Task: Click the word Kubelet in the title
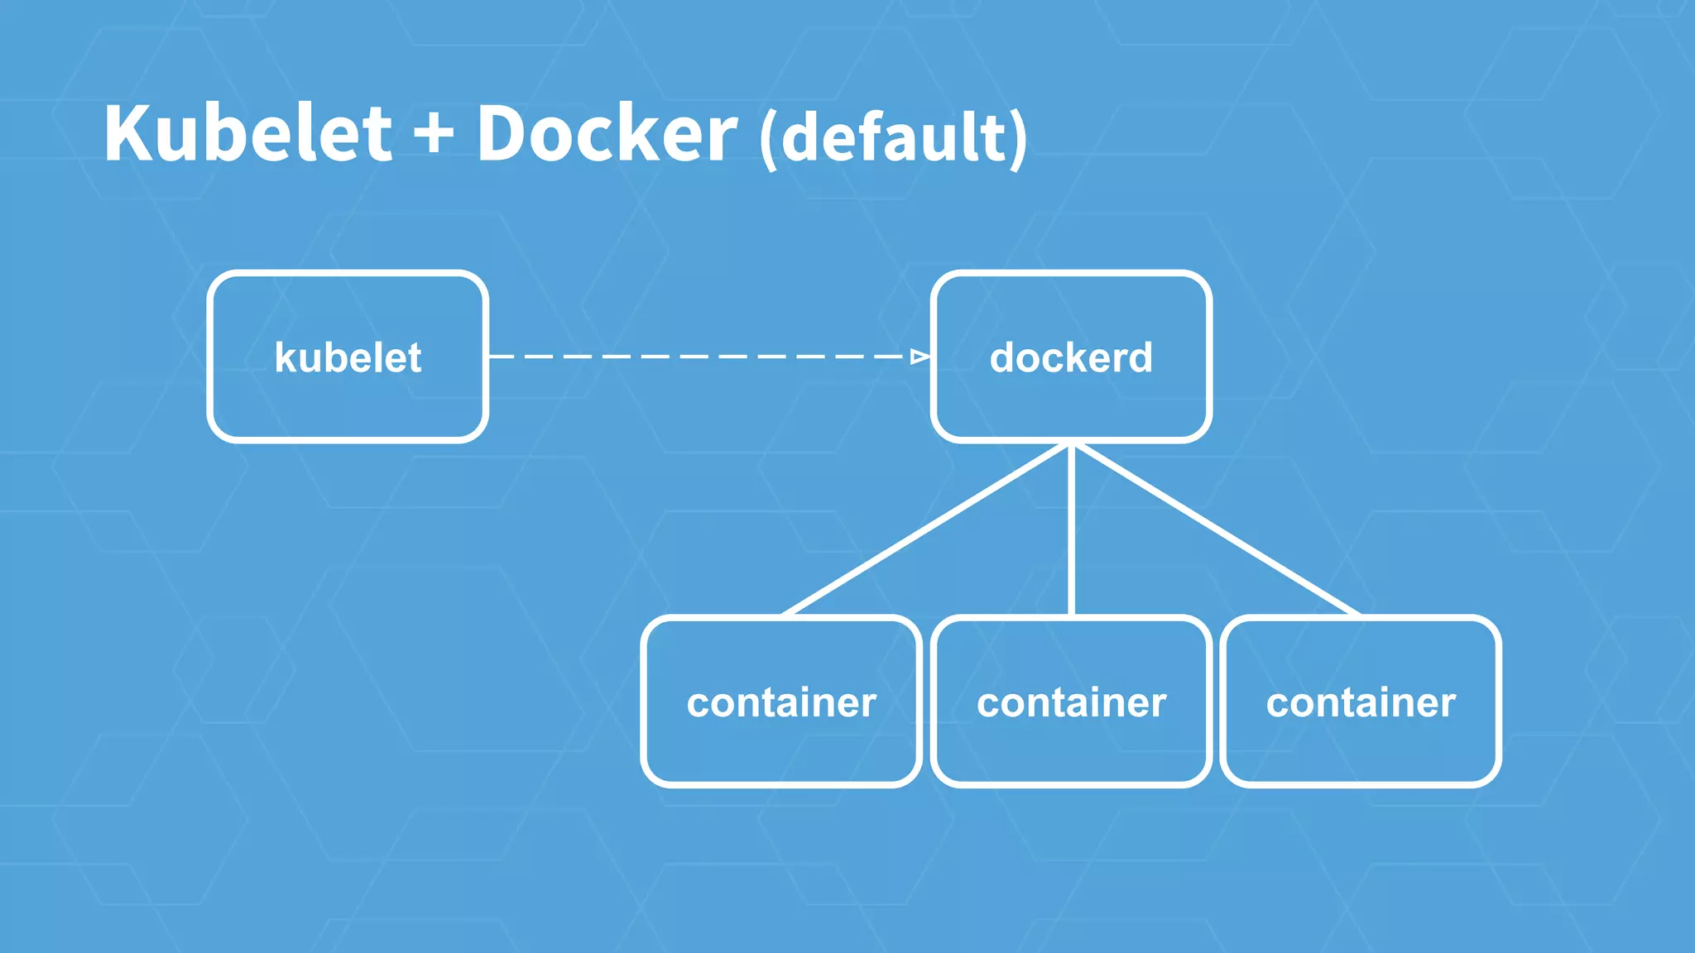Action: coord(247,134)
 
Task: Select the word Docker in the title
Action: coord(606,134)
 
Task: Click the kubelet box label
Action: coord(348,357)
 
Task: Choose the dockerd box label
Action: coord(1071,357)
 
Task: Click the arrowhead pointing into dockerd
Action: coord(920,357)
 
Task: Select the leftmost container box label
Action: coord(781,702)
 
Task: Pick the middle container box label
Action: coord(1071,702)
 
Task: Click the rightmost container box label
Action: coord(1361,702)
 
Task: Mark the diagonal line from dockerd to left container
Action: coord(927,529)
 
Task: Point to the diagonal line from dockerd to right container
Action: coord(1215,529)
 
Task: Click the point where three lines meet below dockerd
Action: coord(1071,445)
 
